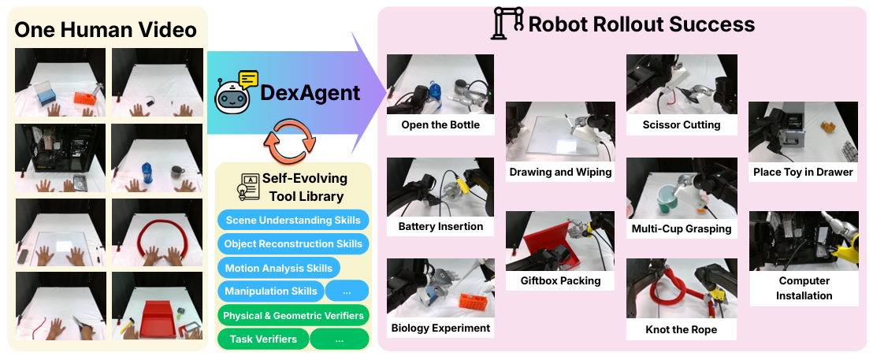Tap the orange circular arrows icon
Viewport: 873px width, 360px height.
click(x=289, y=141)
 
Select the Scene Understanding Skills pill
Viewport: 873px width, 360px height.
click(x=293, y=220)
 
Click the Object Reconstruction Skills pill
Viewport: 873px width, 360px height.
click(x=293, y=243)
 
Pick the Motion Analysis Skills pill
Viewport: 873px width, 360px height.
click(x=278, y=268)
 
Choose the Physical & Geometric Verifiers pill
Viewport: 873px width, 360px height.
click(x=293, y=315)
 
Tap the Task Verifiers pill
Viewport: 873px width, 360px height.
click(x=263, y=339)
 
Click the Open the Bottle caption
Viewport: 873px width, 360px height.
click(x=440, y=124)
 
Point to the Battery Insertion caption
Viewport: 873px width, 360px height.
click(x=440, y=226)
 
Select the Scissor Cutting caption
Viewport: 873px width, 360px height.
click(x=682, y=124)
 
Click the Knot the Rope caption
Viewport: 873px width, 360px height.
click(x=682, y=329)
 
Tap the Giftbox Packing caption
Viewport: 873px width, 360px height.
click(x=560, y=280)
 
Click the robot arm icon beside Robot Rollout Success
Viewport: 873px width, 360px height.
click(x=507, y=23)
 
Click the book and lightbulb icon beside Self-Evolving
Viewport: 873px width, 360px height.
click(x=247, y=187)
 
